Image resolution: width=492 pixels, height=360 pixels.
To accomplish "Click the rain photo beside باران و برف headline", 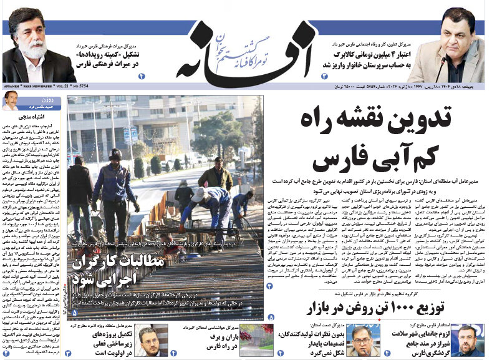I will click(256, 340).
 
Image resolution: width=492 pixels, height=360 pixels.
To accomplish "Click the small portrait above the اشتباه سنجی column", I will click(11, 100).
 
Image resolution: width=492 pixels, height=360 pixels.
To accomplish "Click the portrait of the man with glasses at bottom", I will click(362, 340).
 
